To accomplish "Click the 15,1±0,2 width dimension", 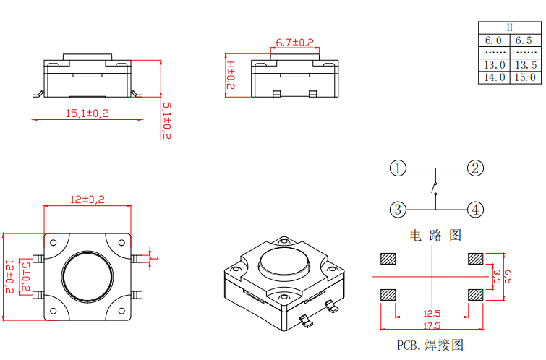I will click(87, 113).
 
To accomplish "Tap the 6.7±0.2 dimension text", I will click(294, 43).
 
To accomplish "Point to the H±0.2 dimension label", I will click(231, 75).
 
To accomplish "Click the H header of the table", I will click(509, 27).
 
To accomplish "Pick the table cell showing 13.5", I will click(525, 65).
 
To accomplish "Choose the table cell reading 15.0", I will click(525, 77).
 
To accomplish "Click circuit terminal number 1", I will click(397, 168).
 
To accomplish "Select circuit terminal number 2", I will click(474, 168).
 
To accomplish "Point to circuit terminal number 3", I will click(397, 210).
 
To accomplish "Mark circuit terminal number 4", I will click(474, 210).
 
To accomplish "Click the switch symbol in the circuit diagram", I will click(435, 190).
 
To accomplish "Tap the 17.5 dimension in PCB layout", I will click(432, 327).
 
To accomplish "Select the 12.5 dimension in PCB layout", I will click(432, 314).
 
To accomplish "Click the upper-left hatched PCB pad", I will click(389, 258).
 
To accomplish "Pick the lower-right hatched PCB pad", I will click(476, 294).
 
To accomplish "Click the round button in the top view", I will click(88, 275).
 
